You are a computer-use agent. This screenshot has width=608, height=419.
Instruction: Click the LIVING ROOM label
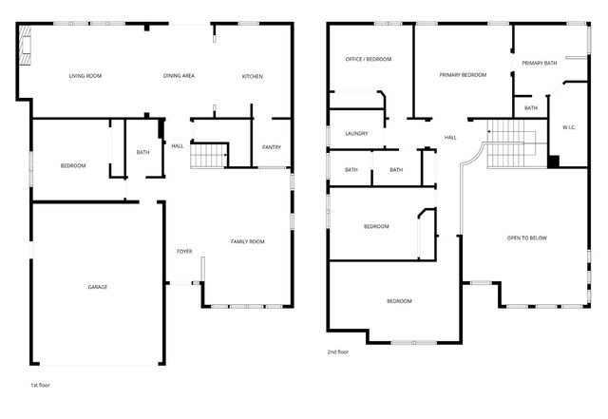[x=85, y=76]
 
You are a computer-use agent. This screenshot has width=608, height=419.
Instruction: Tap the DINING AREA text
[x=179, y=76]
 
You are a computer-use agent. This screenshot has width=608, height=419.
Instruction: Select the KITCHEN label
[x=252, y=76]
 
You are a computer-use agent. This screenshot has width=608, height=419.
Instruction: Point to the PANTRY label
[x=271, y=146]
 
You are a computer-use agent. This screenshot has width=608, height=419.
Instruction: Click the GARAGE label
[x=97, y=287]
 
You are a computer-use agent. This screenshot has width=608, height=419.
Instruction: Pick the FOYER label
[x=184, y=251]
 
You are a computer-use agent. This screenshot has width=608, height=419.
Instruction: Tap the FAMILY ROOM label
[x=247, y=241]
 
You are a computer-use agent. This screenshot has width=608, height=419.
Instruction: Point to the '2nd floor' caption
[x=337, y=352]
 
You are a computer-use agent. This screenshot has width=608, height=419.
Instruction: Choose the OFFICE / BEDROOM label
[x=368, y=59]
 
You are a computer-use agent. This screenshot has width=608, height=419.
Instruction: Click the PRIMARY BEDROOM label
[x=463, y=74]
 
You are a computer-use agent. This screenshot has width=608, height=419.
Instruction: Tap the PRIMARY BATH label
[x=538, y=63]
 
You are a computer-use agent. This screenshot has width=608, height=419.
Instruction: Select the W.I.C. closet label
[x=568, y=126]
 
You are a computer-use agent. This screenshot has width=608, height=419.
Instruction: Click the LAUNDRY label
[x=356, y=134]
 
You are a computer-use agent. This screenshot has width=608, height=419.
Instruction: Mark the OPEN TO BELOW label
[x=526, y=238]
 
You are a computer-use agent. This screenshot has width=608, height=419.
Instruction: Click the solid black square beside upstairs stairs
[x=552, y=160]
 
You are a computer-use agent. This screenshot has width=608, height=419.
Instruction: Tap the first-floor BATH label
[x=142, y=152]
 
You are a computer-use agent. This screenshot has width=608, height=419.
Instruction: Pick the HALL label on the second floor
[x=450, y=137]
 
